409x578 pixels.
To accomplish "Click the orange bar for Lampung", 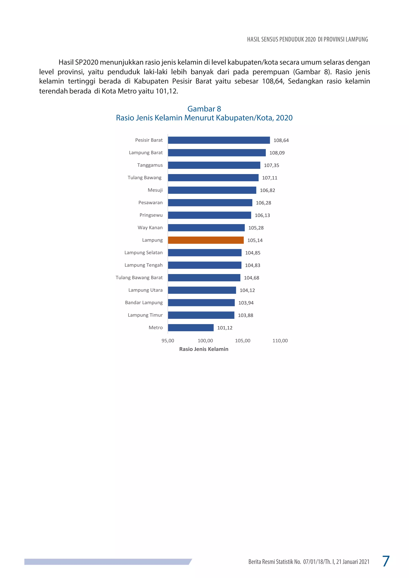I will (206, 240).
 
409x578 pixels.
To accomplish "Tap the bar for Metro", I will (191, 328).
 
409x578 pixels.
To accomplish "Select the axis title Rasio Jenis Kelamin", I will (204, 349).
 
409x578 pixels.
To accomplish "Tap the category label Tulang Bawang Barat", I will (139, 277).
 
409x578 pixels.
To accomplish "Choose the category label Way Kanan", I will (150, 228).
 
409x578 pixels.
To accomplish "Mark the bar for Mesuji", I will (212, 190).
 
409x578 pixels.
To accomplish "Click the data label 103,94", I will (246, 303).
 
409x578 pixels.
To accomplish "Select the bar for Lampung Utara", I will (202, 290).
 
